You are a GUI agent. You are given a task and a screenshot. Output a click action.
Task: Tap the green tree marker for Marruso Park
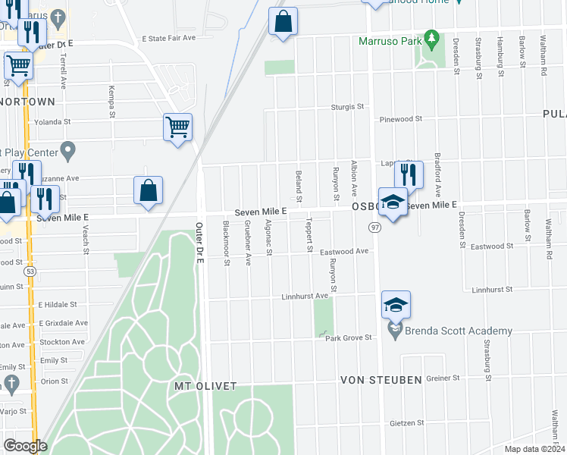[x=431, y=36]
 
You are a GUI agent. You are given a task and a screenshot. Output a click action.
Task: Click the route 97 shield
[x=375, y=227]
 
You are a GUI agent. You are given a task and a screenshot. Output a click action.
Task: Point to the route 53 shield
[x=30, y=269]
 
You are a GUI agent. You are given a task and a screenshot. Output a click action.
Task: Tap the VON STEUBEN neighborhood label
[x=380, y=379]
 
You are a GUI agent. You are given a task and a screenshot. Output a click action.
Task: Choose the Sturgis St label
[x=347, y=107]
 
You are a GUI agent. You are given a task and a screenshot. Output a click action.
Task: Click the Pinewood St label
[x=401, y=119]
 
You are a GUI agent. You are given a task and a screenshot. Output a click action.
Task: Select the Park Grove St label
[x=348, y=337]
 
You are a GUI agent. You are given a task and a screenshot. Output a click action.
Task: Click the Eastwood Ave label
[x=344, y=251]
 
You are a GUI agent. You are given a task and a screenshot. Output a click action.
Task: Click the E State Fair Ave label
[x=169, y=37]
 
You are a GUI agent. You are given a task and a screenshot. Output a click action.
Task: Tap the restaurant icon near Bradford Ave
[x=409, y=174]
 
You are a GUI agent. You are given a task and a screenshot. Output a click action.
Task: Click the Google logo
[x=25, y=446]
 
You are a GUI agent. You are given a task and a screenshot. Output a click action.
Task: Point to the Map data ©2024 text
[x=534, y=449]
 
